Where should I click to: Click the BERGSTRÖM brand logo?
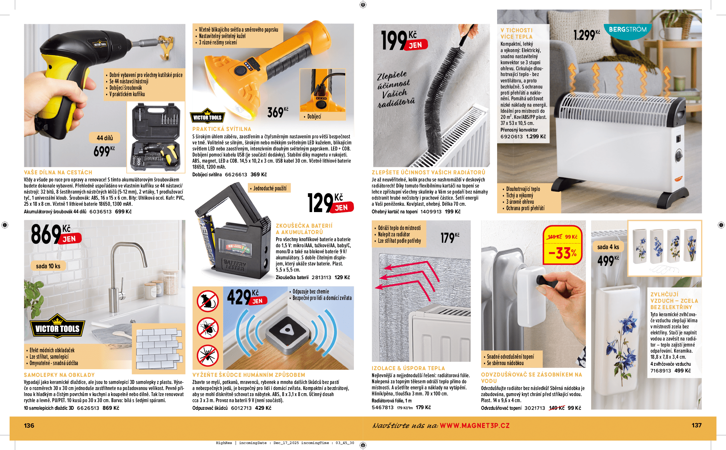point(628,30)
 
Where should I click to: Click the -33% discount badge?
point(562,253)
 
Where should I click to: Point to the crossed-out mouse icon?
point(207,301)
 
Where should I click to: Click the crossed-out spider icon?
point(207,355)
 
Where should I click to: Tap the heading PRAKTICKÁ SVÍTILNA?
point(222,129)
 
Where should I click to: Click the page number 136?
point(29,425)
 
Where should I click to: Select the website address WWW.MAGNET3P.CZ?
point(474,425)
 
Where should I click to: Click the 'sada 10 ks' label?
point(48,266)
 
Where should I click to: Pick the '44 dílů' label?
point(105,138)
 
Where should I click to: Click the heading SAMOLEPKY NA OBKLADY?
point(59,375)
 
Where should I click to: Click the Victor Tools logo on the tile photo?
point(57,327)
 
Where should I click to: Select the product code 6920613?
point(511,136)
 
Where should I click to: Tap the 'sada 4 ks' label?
point(608,247)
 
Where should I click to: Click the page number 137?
point(696,425)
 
